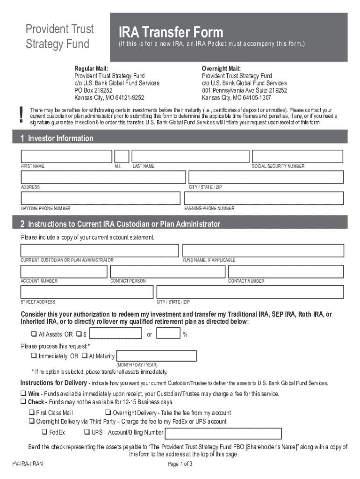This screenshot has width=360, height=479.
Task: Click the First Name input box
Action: pos(66,156)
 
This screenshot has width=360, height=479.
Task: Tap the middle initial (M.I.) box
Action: pos(122,156)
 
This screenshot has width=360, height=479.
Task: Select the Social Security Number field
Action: pos(298,156)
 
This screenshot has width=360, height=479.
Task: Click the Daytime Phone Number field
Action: pos(100,198)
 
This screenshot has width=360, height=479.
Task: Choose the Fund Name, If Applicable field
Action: pos(263,250)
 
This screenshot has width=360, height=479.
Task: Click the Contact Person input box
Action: pos(167,272)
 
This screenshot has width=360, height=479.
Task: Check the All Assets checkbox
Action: pos(34,334)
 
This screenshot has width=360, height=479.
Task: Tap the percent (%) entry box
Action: pos(168,333)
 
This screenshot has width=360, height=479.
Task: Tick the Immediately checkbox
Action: pos(34,356)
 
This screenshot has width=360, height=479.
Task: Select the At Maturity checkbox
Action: pos(85,356)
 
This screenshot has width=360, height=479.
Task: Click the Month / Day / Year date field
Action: pos(156,356)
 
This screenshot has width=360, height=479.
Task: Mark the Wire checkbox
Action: pos(23,394)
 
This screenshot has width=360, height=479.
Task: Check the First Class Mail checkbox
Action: pos(31,413)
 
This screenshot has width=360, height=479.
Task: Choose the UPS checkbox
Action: pos(87,432)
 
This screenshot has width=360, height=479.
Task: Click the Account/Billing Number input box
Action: pos(223,433)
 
